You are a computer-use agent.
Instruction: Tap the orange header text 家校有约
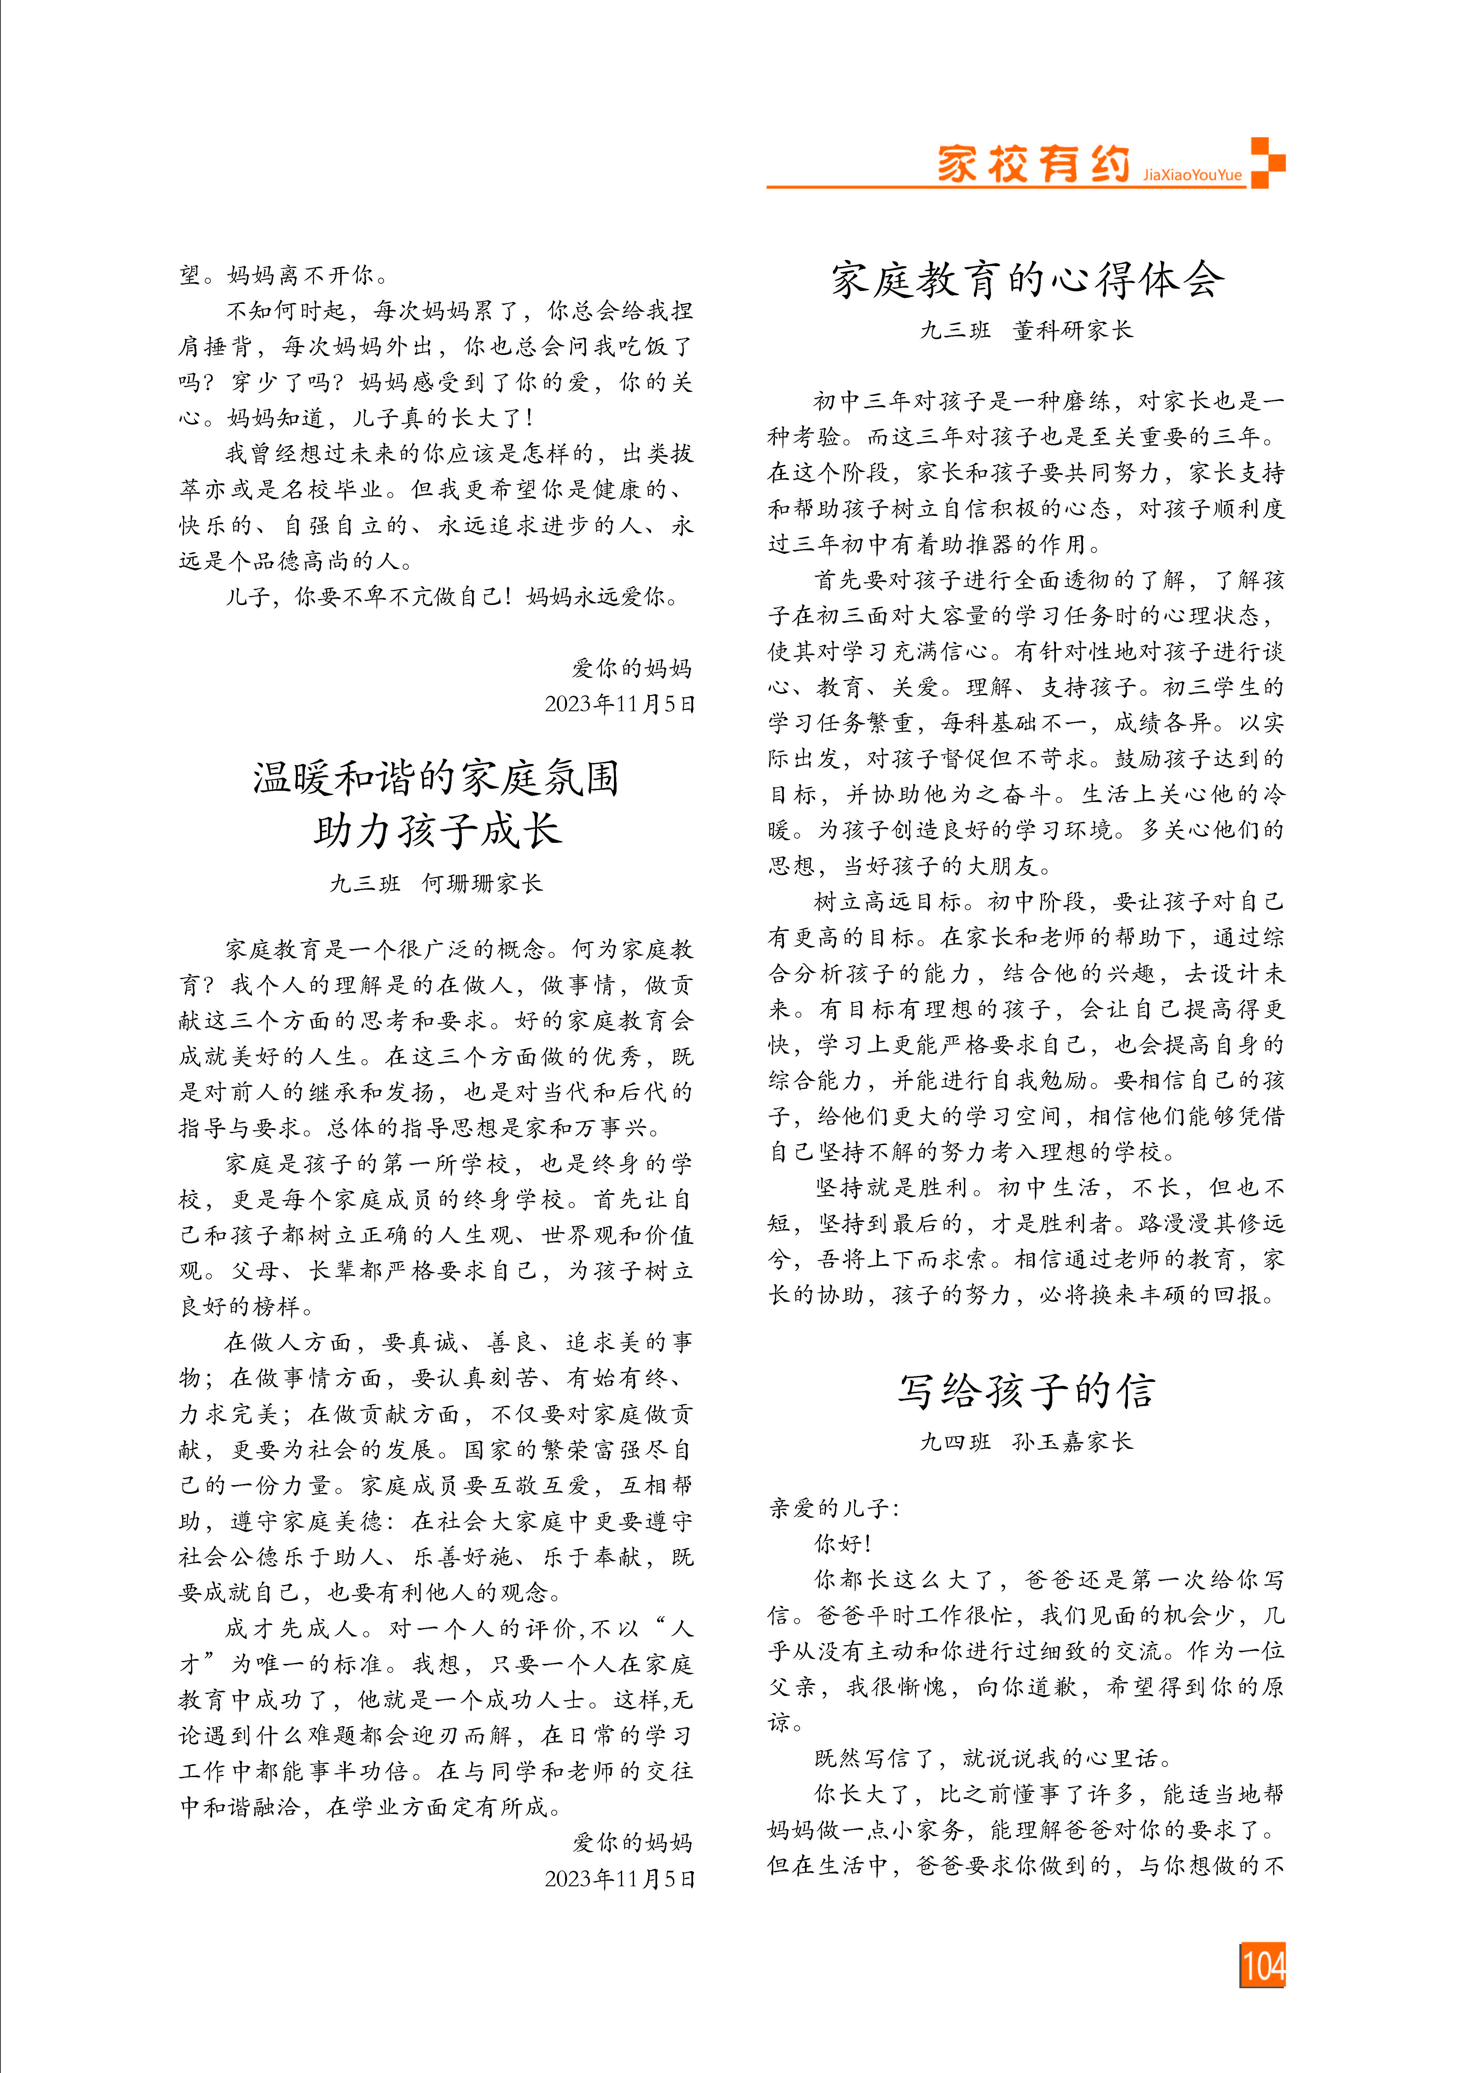click(1034, 165)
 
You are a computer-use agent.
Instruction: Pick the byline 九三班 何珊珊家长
click(436, 883)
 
